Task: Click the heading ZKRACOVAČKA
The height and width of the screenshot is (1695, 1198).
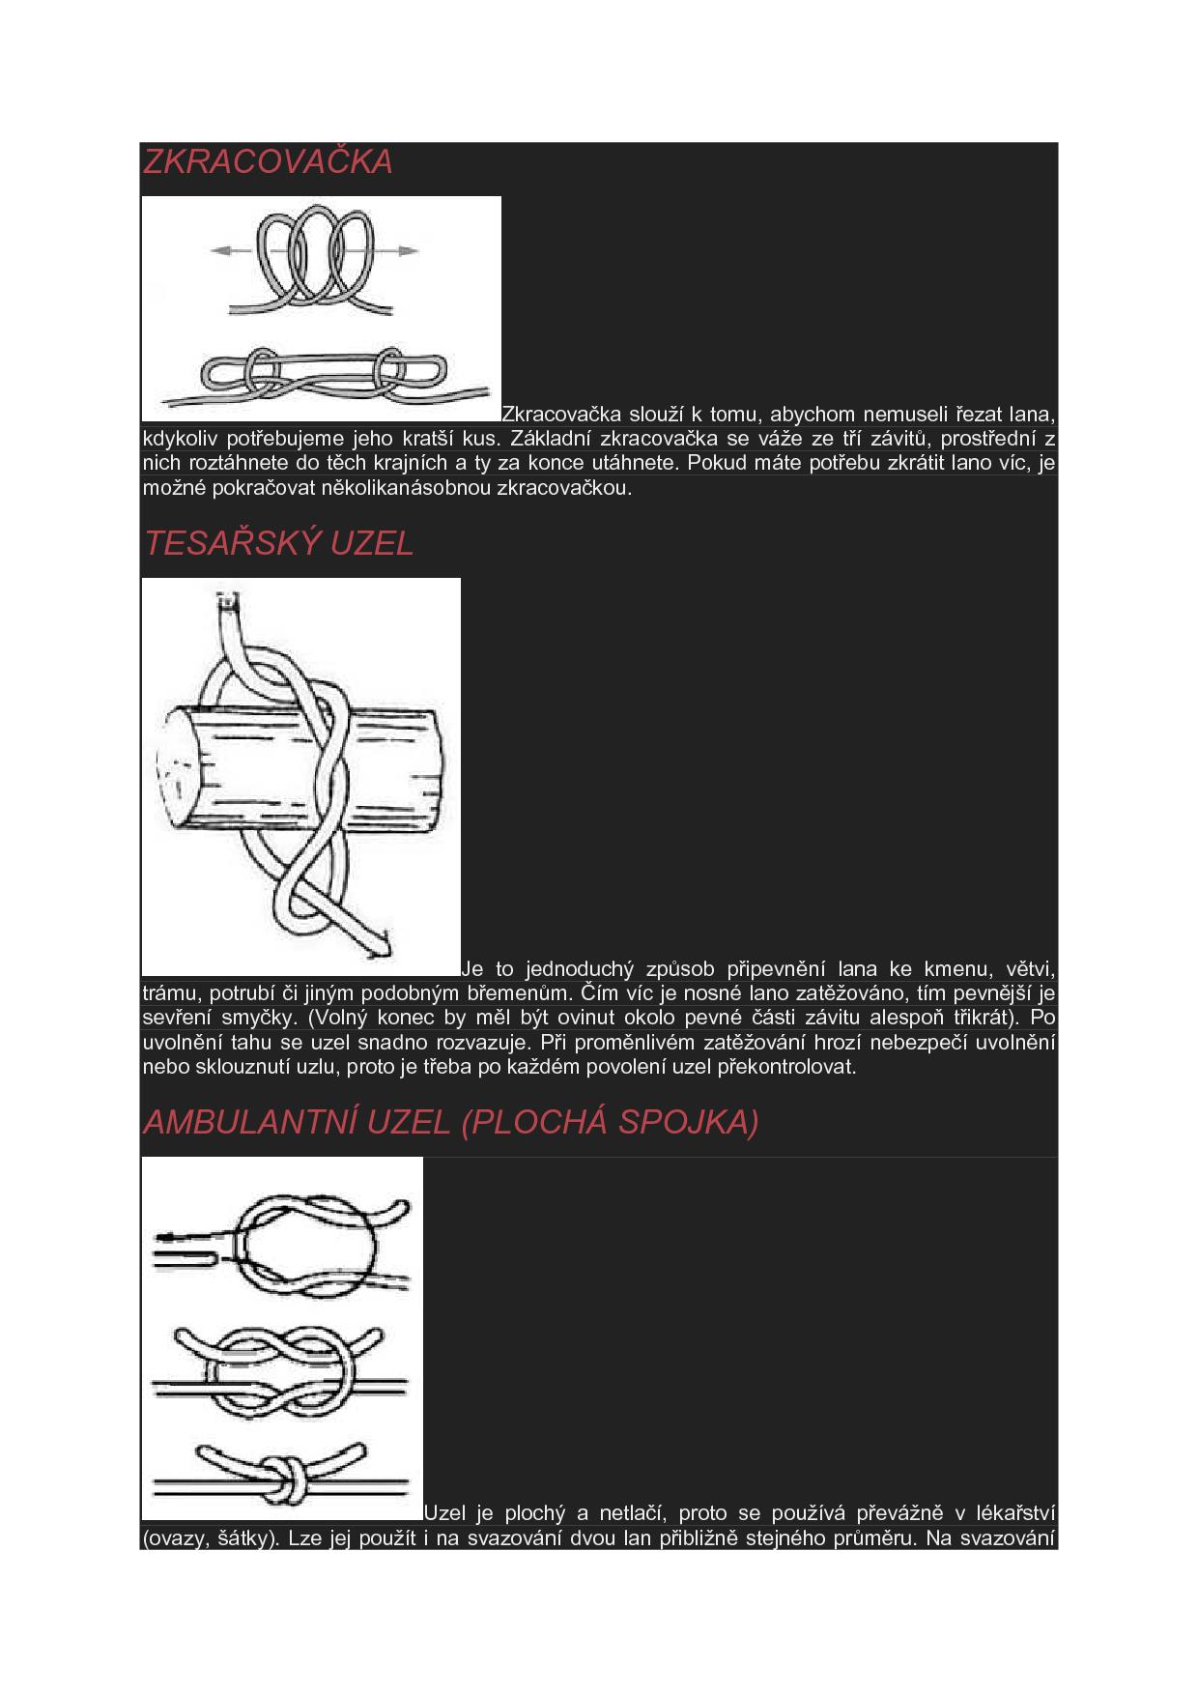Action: coord(268,161)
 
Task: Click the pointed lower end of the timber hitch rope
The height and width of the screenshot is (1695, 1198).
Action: coord(385,936)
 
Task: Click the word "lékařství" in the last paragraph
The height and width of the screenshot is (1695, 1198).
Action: coord(1016,1513)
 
